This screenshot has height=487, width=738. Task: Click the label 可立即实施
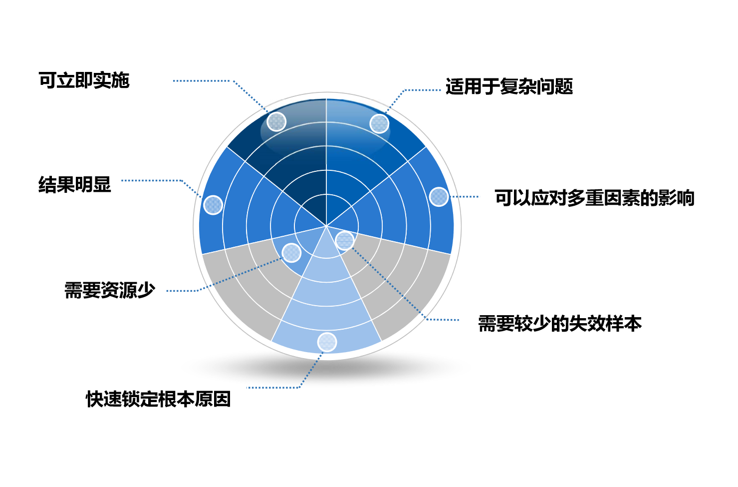pos(84,80)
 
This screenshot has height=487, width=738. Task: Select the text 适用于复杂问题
pos(509,87)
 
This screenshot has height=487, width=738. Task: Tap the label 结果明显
pos(75,184)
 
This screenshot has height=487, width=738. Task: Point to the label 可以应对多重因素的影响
pos(595,198)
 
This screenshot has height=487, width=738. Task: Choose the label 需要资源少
pos(109,290)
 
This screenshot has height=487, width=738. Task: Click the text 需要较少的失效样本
pos(560,324)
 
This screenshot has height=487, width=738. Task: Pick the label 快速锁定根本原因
pos(158,399)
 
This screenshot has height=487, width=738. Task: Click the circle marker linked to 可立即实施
pos(276,122)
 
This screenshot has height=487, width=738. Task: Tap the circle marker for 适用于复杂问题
pos(380,124)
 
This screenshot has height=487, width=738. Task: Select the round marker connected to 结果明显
pos(213,205)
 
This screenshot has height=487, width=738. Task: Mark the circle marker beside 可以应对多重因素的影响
pos(439,197)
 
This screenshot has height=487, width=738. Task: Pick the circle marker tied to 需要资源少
pos(291,253)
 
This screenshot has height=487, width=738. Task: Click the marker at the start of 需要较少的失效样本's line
pos(345,240)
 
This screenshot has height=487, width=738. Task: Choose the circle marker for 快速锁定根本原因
pos(327,342)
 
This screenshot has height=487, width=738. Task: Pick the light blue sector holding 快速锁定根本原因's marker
pos(326,307)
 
